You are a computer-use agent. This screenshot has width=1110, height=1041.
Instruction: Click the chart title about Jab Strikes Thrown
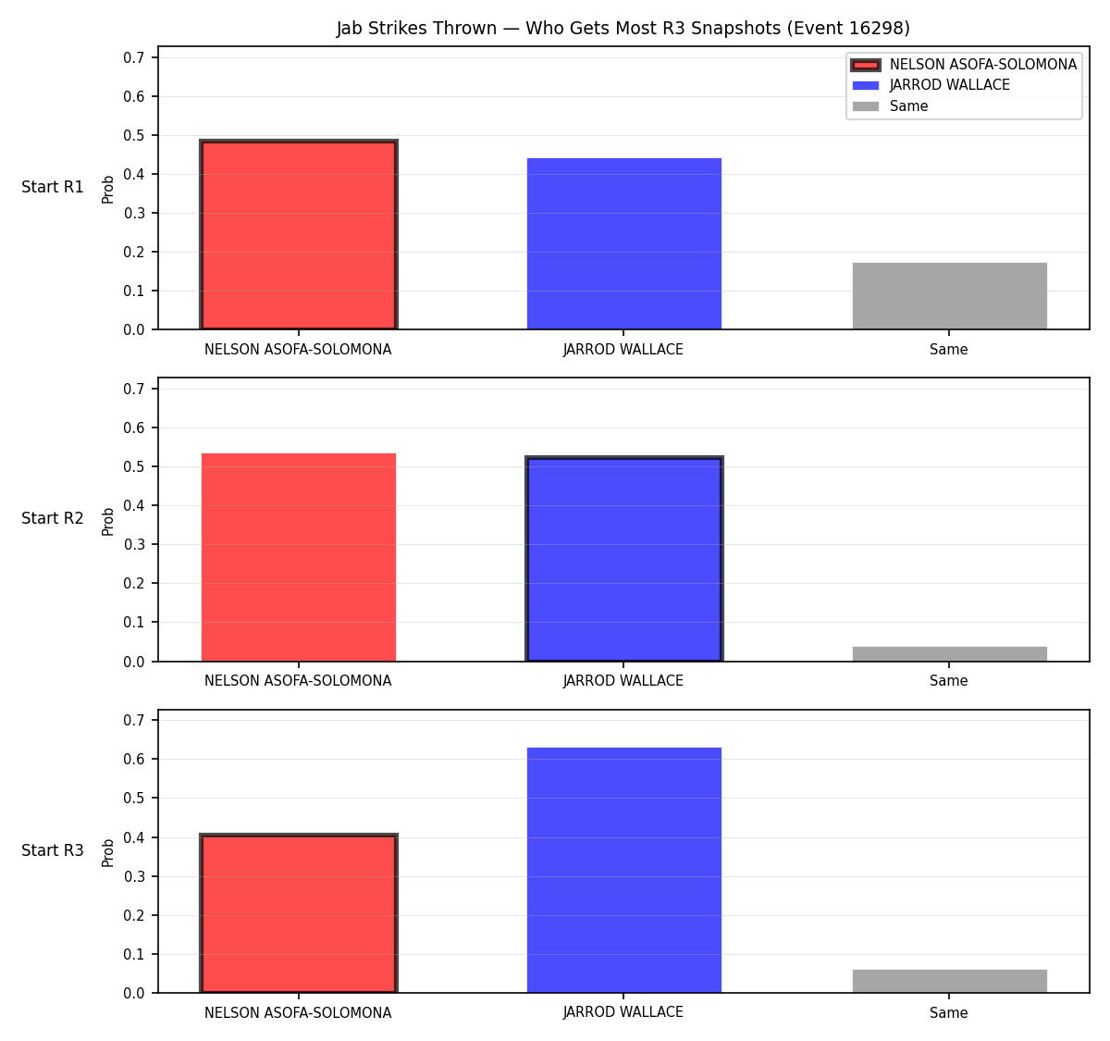[623, 28]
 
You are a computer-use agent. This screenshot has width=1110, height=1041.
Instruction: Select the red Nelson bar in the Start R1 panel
[299, 234]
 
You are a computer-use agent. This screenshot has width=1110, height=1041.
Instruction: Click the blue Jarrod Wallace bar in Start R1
[623, 244]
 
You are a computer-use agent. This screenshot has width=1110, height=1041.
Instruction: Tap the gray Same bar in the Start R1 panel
[949, 296]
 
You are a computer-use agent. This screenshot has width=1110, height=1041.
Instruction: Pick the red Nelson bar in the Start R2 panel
[299, 557]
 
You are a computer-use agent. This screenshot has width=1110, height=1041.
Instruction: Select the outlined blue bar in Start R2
[623, 559]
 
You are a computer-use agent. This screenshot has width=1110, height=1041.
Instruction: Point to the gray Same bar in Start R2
[949, 654]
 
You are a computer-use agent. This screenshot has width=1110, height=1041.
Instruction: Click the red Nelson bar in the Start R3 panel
[299, 913]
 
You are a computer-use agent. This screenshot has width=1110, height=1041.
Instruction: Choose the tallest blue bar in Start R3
[623, 871]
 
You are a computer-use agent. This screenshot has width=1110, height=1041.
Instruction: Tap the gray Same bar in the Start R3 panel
[949, 982]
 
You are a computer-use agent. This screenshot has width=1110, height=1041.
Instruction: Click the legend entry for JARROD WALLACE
[931, 85]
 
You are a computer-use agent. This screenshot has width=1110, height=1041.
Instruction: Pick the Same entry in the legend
[890, 106]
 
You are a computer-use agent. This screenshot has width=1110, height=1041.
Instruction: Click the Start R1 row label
[53, 187]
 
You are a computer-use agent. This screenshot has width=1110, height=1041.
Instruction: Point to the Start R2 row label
[53, 518]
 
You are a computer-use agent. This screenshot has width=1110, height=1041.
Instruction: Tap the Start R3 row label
[53, 850]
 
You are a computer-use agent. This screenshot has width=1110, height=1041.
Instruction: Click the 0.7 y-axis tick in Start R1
[133, 57]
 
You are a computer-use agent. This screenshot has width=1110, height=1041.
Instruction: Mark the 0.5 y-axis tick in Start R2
[133, 466]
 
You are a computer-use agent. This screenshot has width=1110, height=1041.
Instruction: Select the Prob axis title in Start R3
[107, 853]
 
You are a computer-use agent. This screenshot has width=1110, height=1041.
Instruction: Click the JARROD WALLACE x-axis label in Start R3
[623, 1012]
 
